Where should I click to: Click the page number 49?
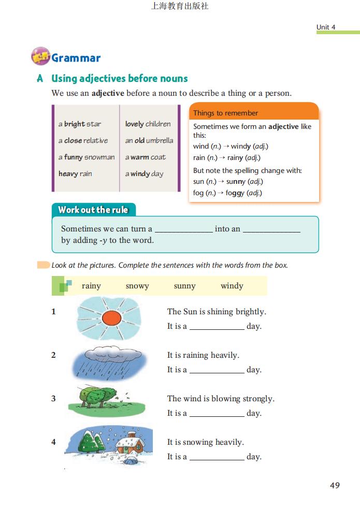click(x=335, y=485)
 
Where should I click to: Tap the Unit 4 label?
click(x=326, y=27)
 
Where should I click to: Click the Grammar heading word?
click(x=76, y=58)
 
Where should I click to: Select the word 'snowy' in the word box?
click(x=137, y=286)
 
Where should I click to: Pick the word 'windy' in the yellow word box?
click(x=232, y=286)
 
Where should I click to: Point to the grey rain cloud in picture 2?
click(x=109, y=354)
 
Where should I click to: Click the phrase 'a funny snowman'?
click(x=87, y=157)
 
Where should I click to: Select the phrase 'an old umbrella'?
click(x=149, y=140)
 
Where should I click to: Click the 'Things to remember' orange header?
click(x=225, y=113)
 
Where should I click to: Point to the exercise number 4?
click(x=53, y=442)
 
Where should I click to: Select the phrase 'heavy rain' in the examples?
click(x=75, y=173)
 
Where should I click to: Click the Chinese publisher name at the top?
click(x=180, y=6)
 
